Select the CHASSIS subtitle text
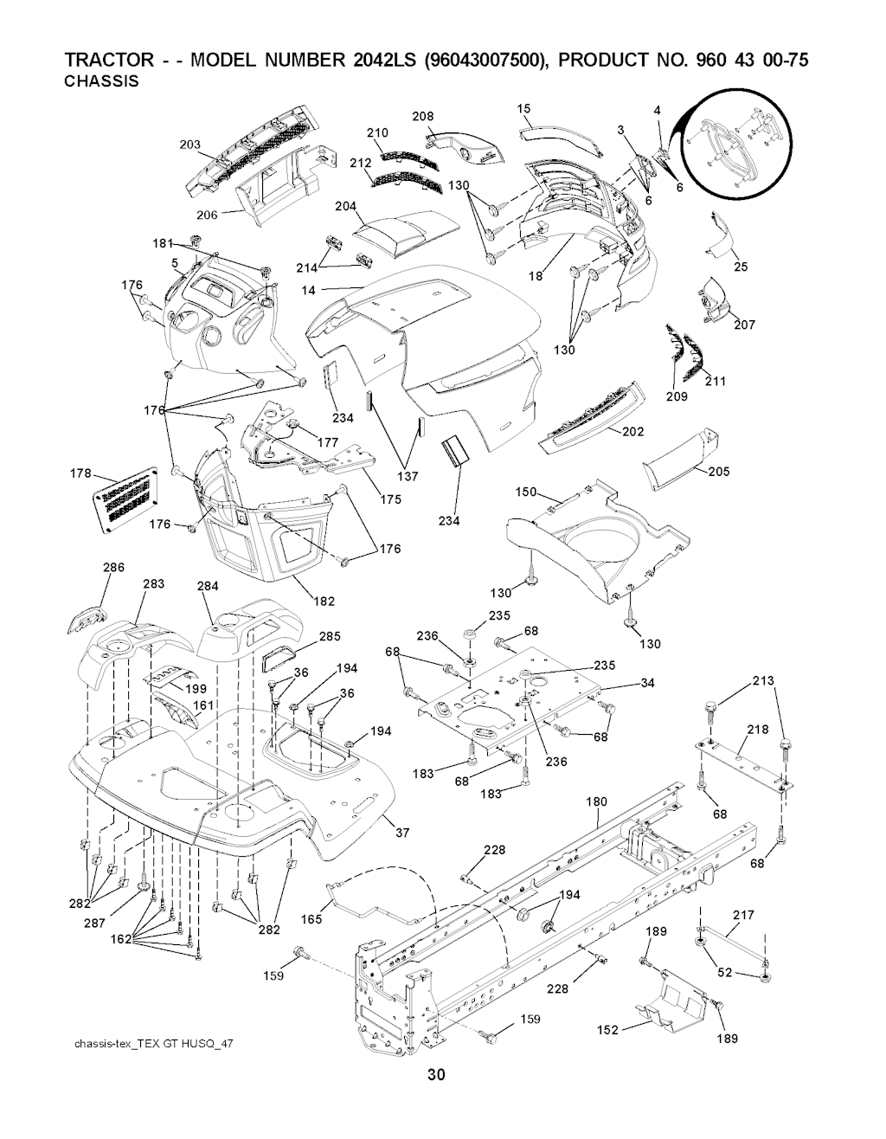coord(102,82)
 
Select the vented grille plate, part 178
coord(125,504)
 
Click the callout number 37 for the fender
coord(401,833)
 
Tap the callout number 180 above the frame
coord(597,801)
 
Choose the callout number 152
coord(608,1030)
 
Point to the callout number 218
coord(758,730)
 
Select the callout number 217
coord(743,915)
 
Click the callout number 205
coord(718,472)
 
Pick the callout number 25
coord(741,267)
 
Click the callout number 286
coord(114,568)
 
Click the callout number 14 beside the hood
coord(309,290)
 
